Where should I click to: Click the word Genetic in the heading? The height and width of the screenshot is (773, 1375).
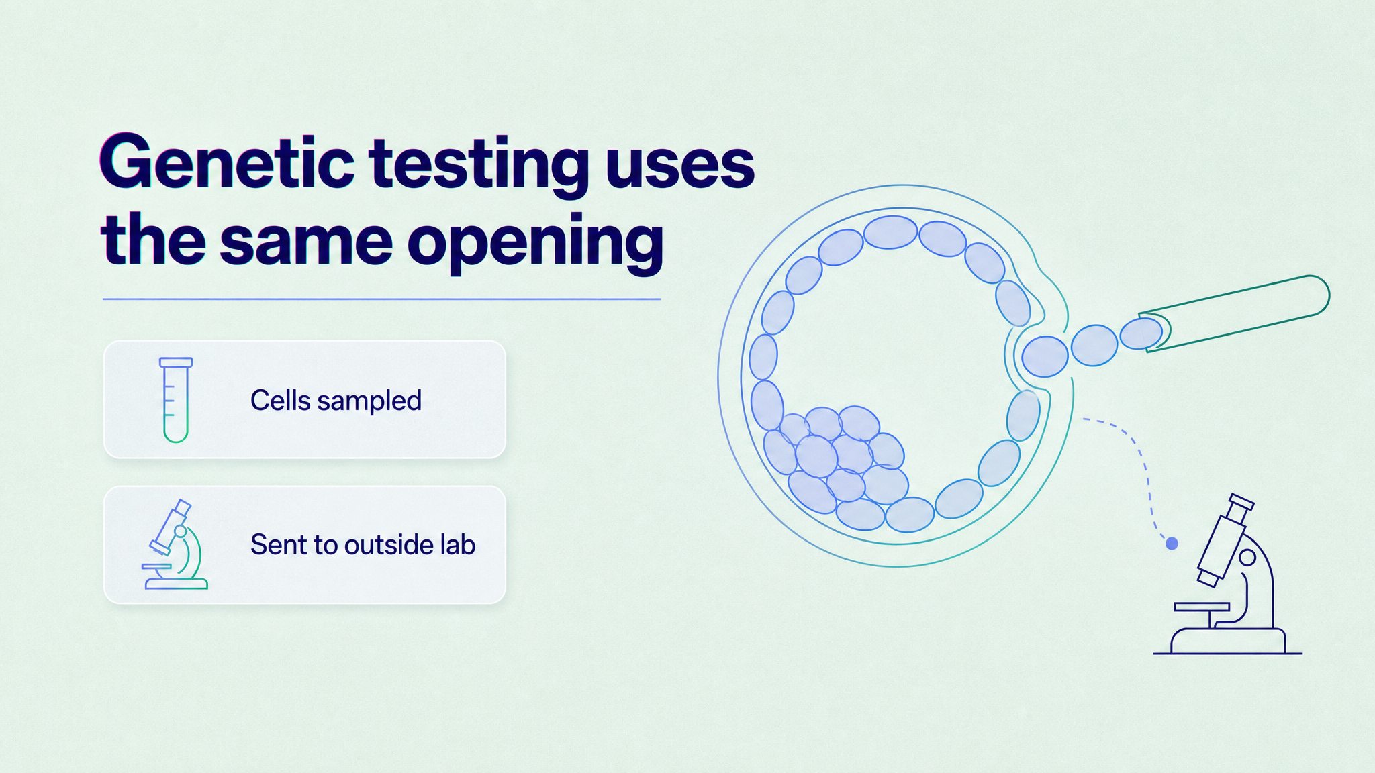(228, 162)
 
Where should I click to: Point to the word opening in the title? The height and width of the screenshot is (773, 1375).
(536, 243)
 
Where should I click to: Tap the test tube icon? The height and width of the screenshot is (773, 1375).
(176, 400)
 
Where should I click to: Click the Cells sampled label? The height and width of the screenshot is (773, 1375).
(336, 401)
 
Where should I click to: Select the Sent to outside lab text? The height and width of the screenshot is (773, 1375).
(363, 545)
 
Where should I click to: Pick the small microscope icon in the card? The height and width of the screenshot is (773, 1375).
(175, 545)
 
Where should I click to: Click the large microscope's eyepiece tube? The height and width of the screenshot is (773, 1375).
(1225, 540)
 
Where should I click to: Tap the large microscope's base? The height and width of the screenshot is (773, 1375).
(1228, 641)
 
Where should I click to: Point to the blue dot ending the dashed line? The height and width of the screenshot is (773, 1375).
(1172, 544)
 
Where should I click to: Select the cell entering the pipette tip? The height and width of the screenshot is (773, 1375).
(1141, 333)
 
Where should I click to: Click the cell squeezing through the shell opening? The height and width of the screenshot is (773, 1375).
(1045, 356)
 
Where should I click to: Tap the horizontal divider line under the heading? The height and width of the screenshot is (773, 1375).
(381, 299)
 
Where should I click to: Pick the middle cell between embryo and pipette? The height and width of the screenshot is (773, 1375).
(1094, 345)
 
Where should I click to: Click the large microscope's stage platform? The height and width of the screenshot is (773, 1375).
(1202, 607)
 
